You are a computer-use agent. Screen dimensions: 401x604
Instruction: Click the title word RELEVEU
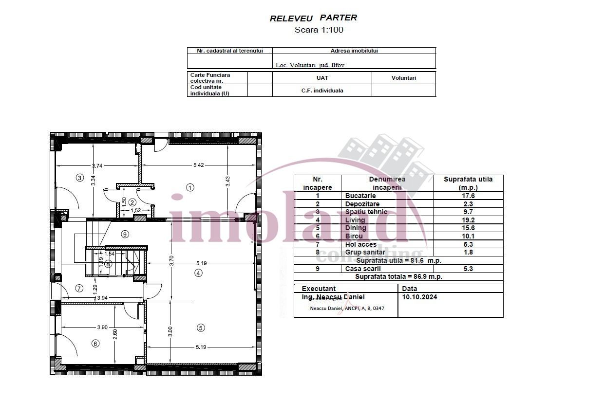point(291,18)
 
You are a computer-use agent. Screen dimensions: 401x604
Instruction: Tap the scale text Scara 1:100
point(319,30)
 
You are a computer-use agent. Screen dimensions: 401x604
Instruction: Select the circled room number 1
point(190,186)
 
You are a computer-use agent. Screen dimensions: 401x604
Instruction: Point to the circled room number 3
point(80,178)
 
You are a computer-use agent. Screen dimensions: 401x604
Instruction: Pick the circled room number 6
point(95,344)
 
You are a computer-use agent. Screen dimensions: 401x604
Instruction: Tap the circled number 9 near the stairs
point(125,234)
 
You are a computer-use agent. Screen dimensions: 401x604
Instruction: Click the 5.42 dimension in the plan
point(198,165)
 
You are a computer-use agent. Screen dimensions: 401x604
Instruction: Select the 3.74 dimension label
point(97,166)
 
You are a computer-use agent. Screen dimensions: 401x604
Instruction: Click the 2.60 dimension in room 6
point(115,335)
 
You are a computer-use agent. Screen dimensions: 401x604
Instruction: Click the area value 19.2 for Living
point(468,220)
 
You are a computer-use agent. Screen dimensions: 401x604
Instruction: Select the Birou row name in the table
point(354,236)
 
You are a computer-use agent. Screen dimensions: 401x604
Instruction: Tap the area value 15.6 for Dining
point(468,228)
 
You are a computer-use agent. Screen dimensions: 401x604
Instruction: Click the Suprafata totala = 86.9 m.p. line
point(398,276)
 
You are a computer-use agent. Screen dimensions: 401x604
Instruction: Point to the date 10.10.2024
point(419,297)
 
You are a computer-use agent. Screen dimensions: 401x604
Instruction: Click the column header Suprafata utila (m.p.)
point(468,183)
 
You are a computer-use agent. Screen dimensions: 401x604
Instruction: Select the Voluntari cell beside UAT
point(403,78)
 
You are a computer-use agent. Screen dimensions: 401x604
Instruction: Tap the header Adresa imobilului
point(354,51)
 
